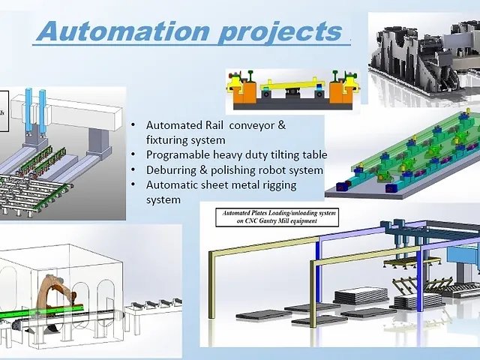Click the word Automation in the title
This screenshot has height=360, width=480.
pos(119,31)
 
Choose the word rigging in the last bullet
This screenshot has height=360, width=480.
pos(276,184)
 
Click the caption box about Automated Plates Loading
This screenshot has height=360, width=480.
pos(278,217)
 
